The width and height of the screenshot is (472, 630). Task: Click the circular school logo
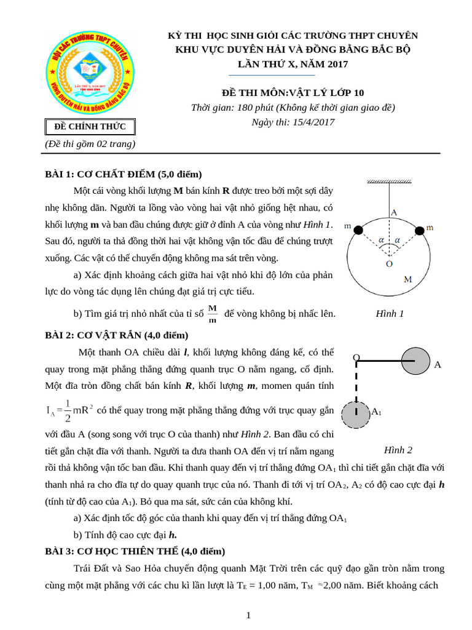pyautogui.click(x=90, y=73)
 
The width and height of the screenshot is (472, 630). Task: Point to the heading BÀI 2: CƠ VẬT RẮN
pyautogui.click(x=117, y=335)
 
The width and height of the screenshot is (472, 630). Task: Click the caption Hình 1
pyautogui.click(x=390, y=314)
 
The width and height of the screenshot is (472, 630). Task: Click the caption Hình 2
pyautogui.click(x=398, y=450)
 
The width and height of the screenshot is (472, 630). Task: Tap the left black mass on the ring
pyautogui.click(x=359, y=229)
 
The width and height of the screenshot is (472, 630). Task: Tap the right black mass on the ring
pyautogui.click(x=420, y=230)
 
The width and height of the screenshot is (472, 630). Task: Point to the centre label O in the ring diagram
pyautogui.click(x=388, y=264)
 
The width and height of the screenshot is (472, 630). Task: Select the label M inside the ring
pyautogui.click(x=407, y=279)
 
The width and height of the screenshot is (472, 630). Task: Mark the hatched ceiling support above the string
pyautogui.click(x=388, y=181)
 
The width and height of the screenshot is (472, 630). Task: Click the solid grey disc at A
pyautogui.click(x=415, y=361)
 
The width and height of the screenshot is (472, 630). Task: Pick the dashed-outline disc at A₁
pyautogui.click(x=356, y=415)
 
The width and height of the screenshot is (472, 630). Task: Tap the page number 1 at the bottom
pyautogui.click(x=248, y=615)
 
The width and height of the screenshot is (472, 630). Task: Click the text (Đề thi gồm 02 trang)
pyautogui.click(x=90, y=143)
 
